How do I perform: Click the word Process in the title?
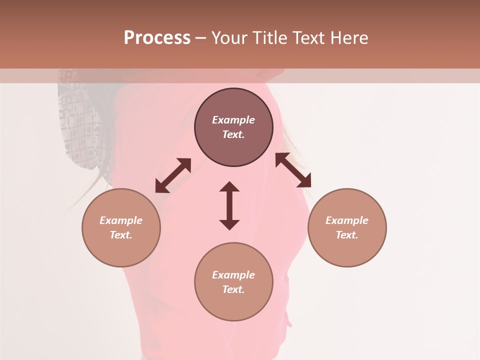(157, 38)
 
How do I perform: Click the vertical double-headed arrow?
(229, 205)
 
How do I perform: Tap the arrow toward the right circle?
(293, 170)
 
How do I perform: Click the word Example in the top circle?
(233, 120)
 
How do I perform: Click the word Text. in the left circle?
(121, 235)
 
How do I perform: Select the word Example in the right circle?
(347, 220)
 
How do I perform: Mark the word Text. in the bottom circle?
(233, 289)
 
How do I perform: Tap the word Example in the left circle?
(121, 220)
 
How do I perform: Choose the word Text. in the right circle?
(347, 235)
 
